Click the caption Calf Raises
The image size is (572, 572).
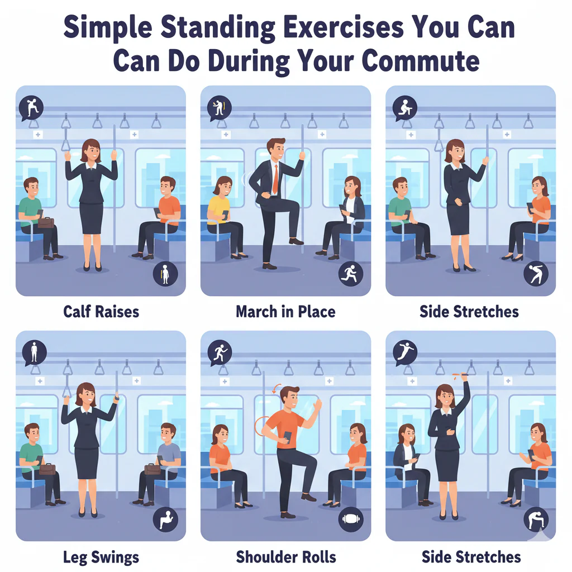point(101,311)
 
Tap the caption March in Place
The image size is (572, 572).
point(285,311)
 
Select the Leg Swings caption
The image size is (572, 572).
point(101,556)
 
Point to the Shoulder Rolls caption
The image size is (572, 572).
point(285,556)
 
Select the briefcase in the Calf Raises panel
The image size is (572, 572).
point(46,222)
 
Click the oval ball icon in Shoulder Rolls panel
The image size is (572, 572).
point(351,519)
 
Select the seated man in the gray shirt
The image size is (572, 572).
point(166,458)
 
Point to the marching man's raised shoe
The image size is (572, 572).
point(296,241)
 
